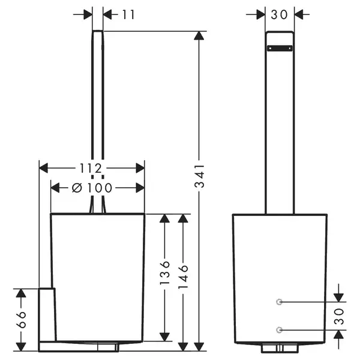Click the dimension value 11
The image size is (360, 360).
(128, 14)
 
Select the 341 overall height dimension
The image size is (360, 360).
(199, 176)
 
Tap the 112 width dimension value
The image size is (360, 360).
(91, 168)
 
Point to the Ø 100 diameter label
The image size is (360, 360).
(92, 188)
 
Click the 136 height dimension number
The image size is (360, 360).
(164, 273)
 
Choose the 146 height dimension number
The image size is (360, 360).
(183, 277)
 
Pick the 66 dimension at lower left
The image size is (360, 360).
(21, 319)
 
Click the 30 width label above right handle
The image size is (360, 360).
(279, 14)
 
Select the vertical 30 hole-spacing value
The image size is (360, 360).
(339, 316)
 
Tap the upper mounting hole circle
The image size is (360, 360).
(279, 302)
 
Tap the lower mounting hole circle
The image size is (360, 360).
(279, 330)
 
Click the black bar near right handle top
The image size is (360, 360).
(280, 48)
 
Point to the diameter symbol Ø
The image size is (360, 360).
(77, 188)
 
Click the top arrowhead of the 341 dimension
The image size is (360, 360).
(199, 35)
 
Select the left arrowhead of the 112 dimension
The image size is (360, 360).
(44, 168)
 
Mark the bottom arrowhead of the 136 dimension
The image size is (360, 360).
(164, 337)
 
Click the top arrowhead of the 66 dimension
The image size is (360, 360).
(21, 293)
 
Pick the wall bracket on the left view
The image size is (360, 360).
(47, 314)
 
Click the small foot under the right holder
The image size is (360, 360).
(280, 348)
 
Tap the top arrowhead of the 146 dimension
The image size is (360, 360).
(183, 218)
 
